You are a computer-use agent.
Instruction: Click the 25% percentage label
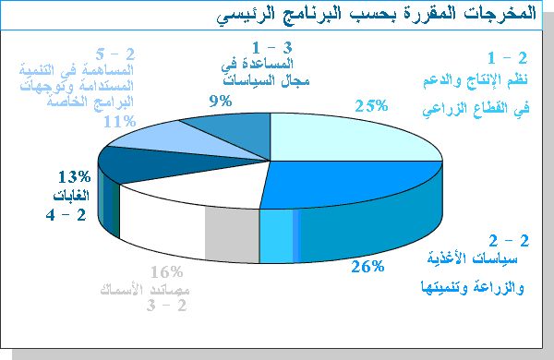370,105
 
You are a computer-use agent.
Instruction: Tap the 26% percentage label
367,268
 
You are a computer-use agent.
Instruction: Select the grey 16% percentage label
166,272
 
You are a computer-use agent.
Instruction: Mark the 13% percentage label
73,176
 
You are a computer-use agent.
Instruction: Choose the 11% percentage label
120,120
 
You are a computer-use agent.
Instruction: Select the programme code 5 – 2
115,54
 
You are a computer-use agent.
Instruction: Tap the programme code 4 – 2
66,215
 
